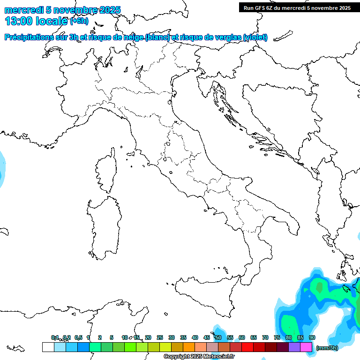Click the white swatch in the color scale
coord(48,347)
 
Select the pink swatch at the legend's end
coord(306,347)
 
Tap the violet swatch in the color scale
coord(294,347)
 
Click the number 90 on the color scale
coord(312,337)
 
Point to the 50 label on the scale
coord(218,337)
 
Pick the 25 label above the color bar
coord(160,337)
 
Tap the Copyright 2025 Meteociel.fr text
coord(199,357)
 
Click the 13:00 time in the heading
coord(18,21)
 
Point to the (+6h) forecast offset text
coord(79,21)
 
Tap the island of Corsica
coord(106,172)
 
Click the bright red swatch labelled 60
coord(247,347)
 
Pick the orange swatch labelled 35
coord(189,347)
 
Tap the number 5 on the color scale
coord(112,337)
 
